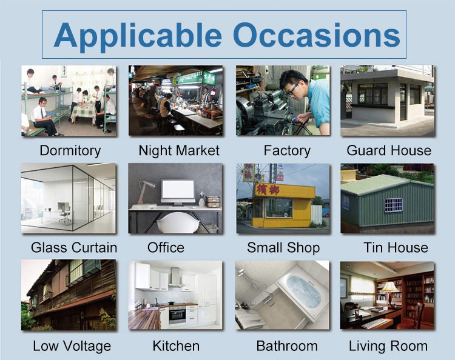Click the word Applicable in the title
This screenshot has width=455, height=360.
[x=138, y=36]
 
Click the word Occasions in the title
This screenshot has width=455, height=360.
[x=317, y=35]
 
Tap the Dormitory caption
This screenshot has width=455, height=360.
[x=70, y=151]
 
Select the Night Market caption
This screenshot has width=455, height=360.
[x=179, y=151]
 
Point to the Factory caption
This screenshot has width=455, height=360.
[x=287, y=151]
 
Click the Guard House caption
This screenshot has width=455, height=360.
[x=389, y=150]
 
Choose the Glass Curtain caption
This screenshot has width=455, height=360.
[x=74, y=247]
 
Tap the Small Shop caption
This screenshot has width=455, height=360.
[x=283, y=248]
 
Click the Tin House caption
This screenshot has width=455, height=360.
[x=396, y=247]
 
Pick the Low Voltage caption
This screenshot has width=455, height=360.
[x=72, y=347]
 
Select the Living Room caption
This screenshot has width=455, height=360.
[x=388, y=347]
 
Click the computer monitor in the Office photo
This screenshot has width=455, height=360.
[x=178, y=192]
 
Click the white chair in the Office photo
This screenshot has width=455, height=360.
[x=178, y=223]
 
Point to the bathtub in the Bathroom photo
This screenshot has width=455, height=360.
[x=302, y=292]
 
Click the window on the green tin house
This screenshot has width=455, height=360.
[x=394, y=205]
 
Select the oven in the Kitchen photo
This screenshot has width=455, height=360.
[x=177, y=315]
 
